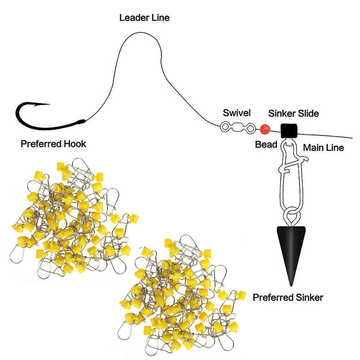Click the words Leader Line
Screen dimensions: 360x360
144,18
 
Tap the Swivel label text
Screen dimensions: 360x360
237,113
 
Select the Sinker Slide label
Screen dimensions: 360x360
294,113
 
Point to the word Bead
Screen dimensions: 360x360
266,144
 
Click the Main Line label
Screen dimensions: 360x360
324,148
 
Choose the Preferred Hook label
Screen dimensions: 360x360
54,144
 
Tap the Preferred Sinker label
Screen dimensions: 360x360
288,298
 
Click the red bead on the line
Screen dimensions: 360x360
265,130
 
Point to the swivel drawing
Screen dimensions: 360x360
238,127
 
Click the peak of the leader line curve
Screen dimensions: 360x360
140,33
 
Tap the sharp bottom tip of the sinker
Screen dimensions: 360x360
291,286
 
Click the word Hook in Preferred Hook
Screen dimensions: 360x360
75,144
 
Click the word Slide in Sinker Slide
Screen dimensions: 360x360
309,113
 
